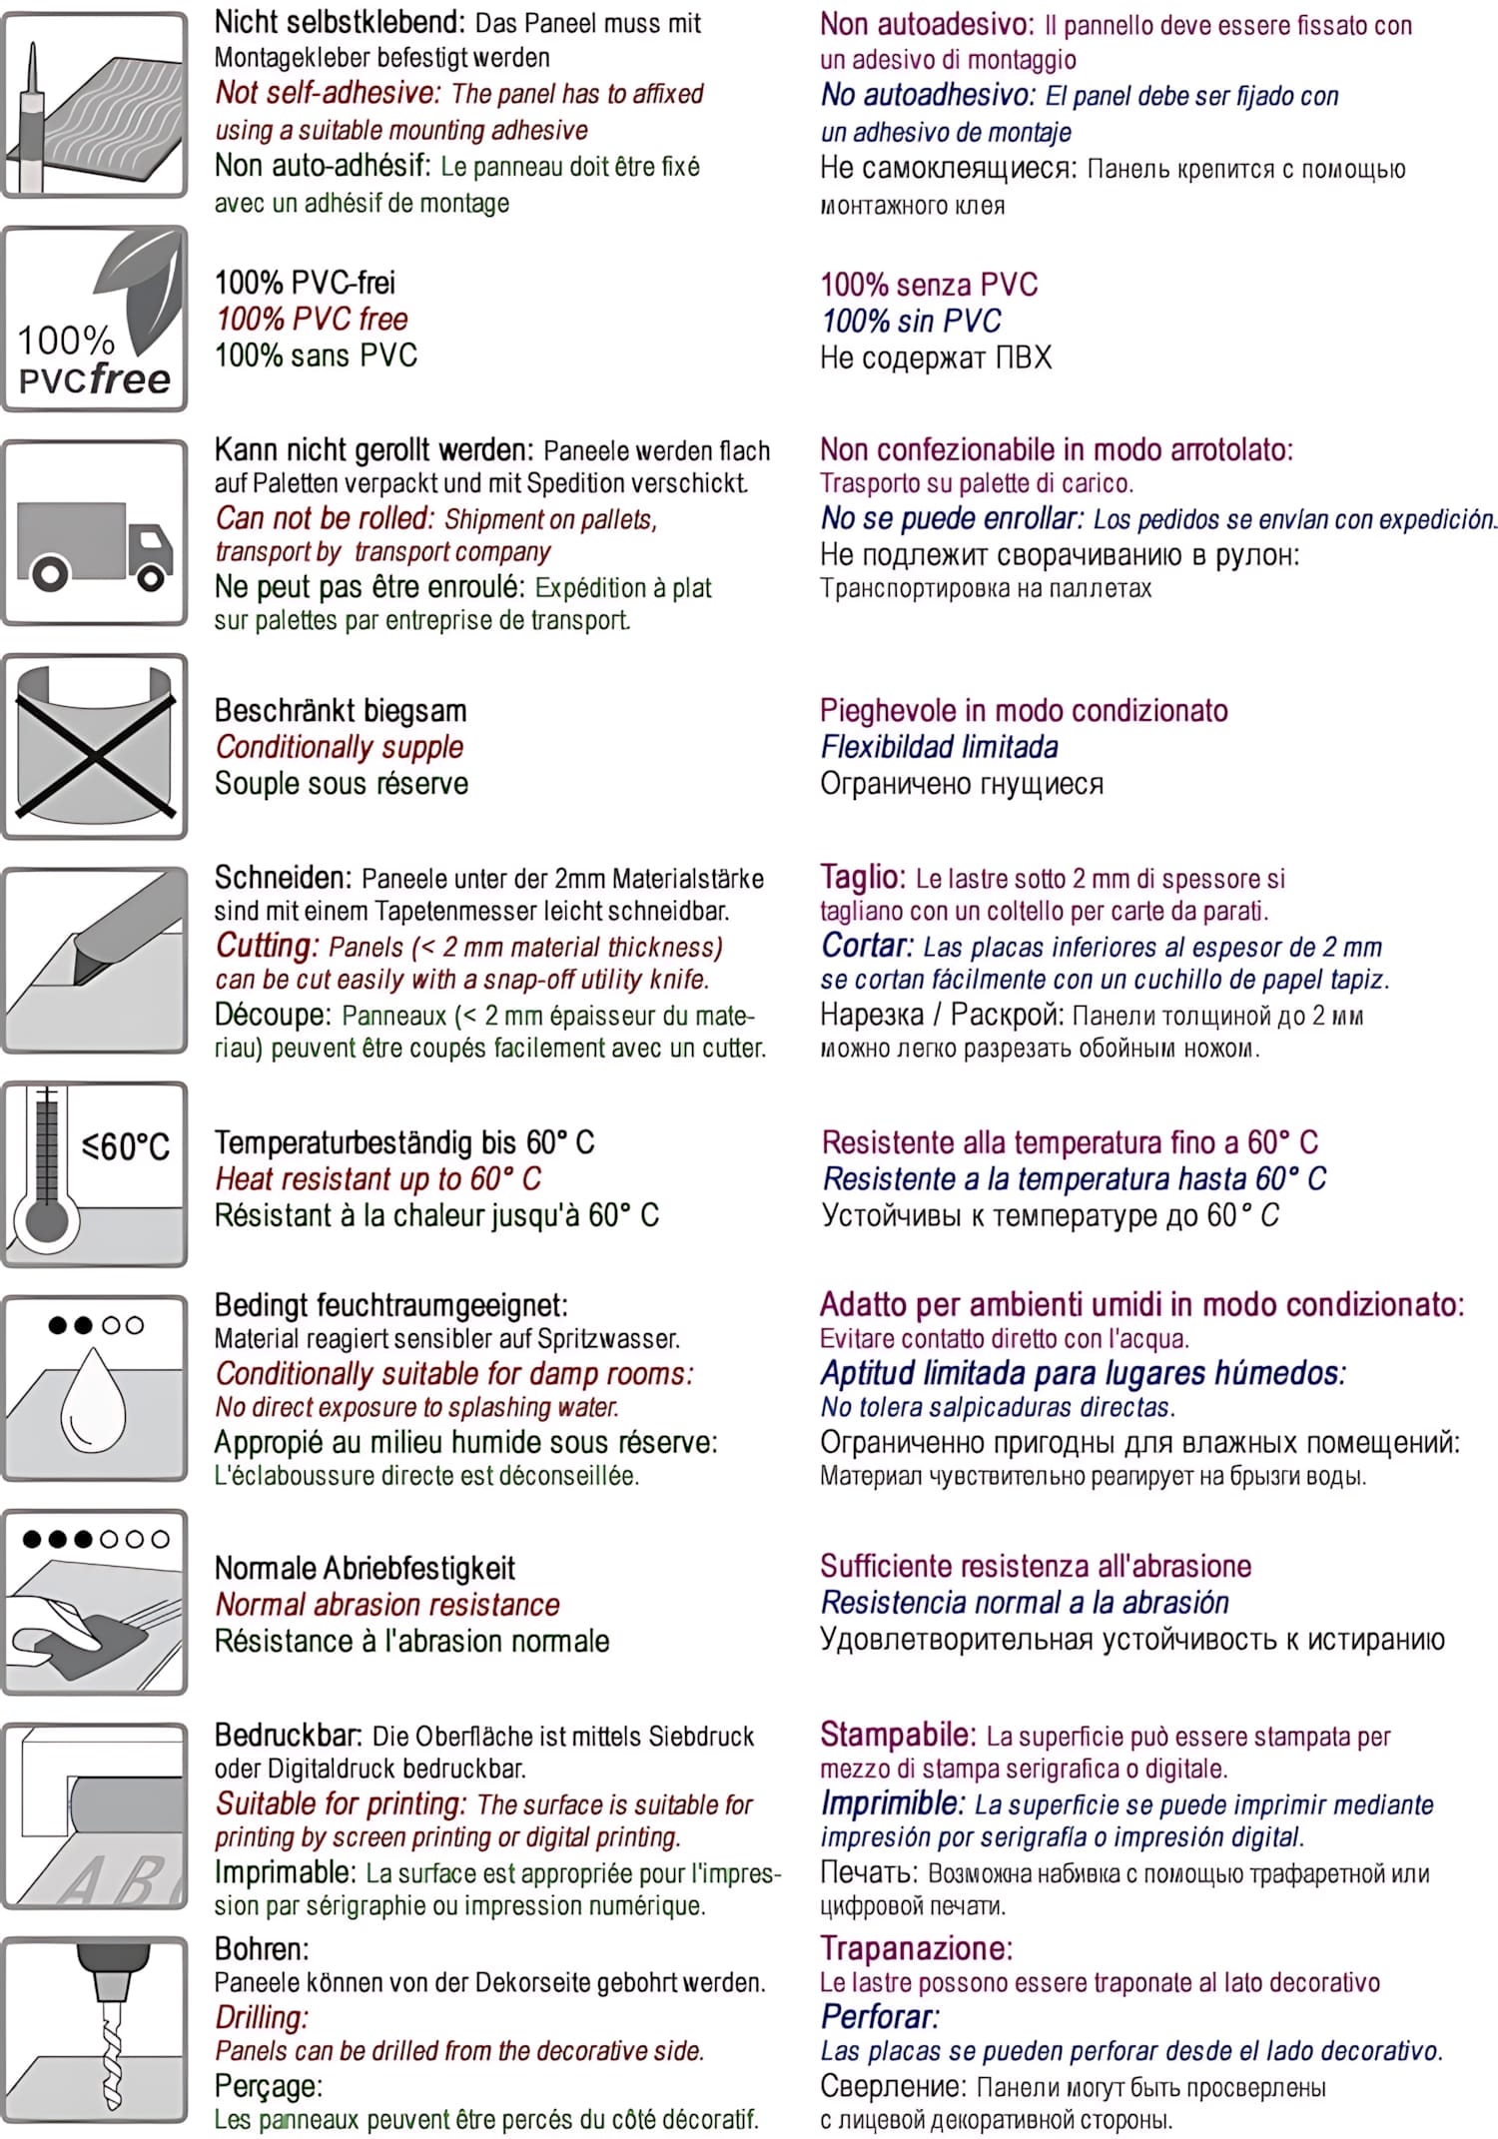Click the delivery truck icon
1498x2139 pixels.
(x=95, y=544)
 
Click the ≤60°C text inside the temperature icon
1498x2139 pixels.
(x=126, y=1145)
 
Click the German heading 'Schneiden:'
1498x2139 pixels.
(x=283, y=878)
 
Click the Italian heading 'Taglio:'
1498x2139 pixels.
(x=862, y=877)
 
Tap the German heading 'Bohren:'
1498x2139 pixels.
(x=262, y=1948)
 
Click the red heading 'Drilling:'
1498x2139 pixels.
(x=262, y=2017)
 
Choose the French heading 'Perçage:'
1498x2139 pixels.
(x=268, y=2086)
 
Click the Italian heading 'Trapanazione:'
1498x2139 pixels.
(x=916, y=1947)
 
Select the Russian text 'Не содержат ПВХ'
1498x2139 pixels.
(x=935, y=357)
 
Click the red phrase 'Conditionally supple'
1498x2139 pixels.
(x=340, y=747)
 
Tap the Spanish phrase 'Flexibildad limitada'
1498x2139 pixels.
(x=939, y=747)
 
